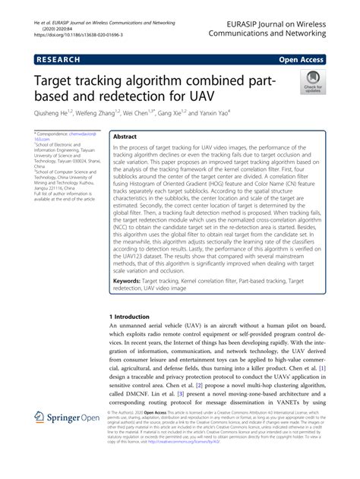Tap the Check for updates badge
click(x=311, y=82)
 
